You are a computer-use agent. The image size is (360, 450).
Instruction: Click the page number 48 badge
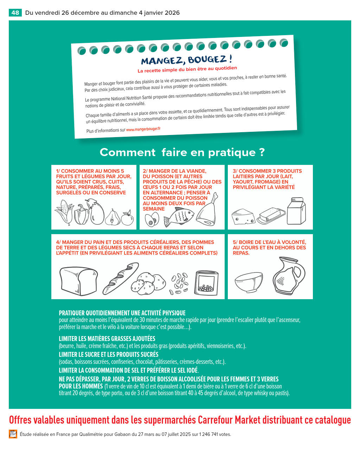tap(15, 13)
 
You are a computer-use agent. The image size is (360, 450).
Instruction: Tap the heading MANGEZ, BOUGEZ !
tap(186, 60)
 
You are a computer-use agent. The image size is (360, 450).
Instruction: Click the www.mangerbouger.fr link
tap(143, 129)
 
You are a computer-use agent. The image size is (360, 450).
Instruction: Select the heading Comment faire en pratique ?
tap(182, 152)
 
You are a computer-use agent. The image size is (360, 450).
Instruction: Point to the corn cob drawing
tap(64, 212)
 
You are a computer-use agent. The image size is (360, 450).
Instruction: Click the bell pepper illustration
tap(81, 214)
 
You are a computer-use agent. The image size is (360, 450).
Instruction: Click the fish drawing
tap(179, 217)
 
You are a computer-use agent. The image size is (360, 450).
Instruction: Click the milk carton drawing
tap(296, 211)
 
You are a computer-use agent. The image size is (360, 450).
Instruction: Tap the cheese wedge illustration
tap(243, 217)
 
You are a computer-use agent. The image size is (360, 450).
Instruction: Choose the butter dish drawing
tap(271, 216)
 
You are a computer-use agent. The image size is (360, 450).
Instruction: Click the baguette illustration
tap(121, 278)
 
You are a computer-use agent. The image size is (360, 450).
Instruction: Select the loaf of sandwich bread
tap(78, 281)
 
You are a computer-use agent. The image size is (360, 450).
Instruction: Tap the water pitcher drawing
tap(289, 276)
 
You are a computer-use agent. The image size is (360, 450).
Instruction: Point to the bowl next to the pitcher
tap(249, 282)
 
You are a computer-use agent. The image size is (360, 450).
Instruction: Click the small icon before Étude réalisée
tap(13, 434)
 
